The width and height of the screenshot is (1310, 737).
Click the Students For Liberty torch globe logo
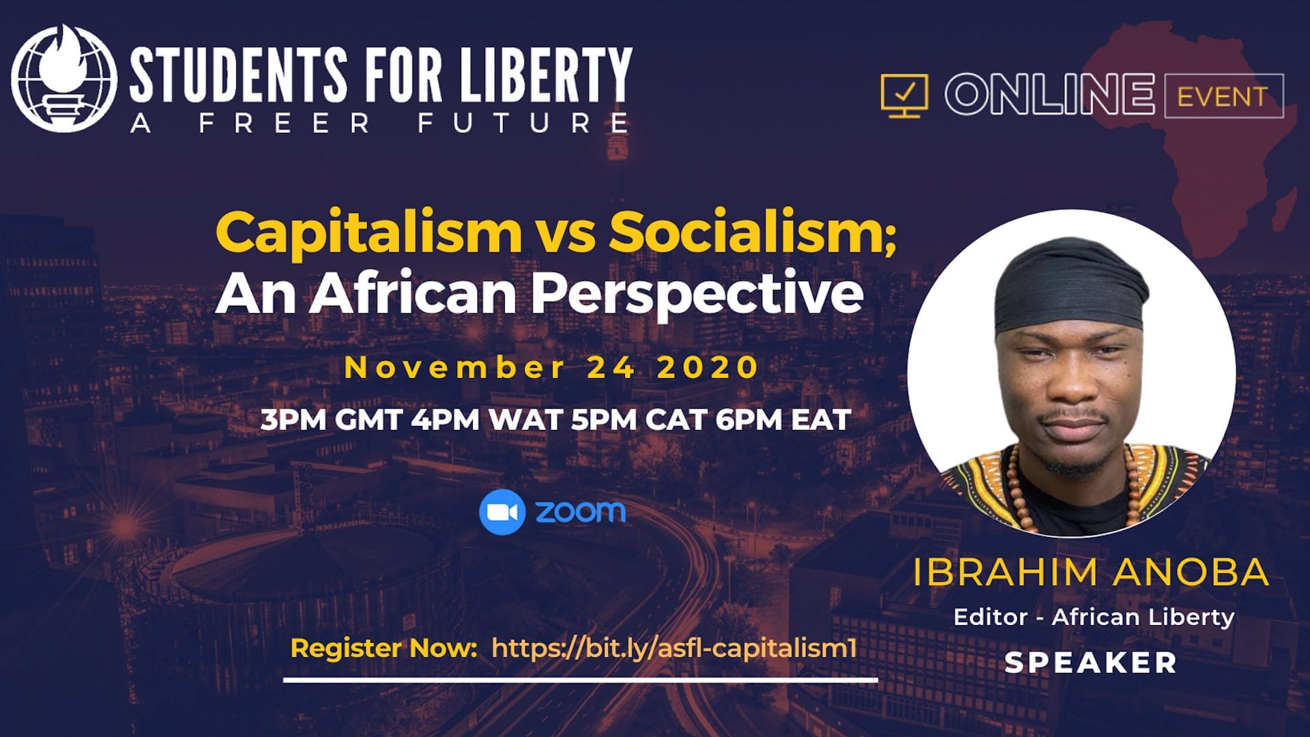64,78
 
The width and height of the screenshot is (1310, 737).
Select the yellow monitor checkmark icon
904,96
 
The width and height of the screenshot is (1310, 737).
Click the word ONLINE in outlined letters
1049,94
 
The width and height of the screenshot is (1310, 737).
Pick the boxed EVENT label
1223,96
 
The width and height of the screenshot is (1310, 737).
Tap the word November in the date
455,368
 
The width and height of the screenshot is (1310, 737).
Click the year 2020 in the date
708,368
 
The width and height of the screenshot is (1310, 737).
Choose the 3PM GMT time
331,420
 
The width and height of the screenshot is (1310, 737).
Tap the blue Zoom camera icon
502,512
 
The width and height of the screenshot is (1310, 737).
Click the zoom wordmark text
581,512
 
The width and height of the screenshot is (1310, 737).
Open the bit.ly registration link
674,648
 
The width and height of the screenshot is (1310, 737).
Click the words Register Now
383,648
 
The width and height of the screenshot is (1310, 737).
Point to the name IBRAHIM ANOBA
1090,572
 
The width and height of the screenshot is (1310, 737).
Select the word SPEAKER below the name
1090,663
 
